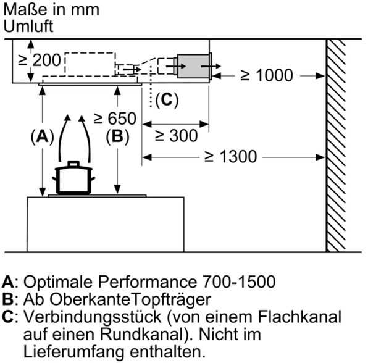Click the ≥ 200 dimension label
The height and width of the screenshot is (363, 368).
pos(40,60)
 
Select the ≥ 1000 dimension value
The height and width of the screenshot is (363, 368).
pos(267,75)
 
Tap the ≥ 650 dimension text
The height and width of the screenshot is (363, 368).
pos(115,119)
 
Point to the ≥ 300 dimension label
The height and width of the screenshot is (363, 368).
pos(177,136)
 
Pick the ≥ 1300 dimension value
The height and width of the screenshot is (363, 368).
pos(231,157)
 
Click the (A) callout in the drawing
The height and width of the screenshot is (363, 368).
pos(43,136)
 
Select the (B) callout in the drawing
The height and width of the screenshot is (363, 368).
pos(117,136)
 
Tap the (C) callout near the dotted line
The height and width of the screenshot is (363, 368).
pos(167,100)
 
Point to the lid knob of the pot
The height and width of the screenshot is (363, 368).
pos(73,164)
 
